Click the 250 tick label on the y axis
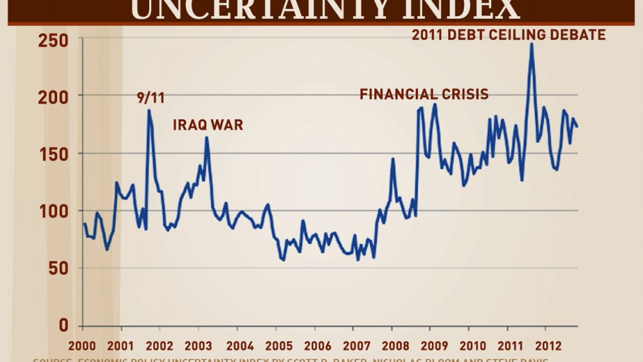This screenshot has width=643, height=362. click(x=53, y=41)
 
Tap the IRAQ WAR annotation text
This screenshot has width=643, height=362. click(x=208, y=125)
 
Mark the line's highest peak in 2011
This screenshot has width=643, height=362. click(x=531, y=44)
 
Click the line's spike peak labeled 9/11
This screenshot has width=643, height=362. click(x=149, y=110)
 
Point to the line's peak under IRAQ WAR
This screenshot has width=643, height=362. click(x=206, y=137)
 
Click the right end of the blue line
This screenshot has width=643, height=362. click(x=577, y=127)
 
